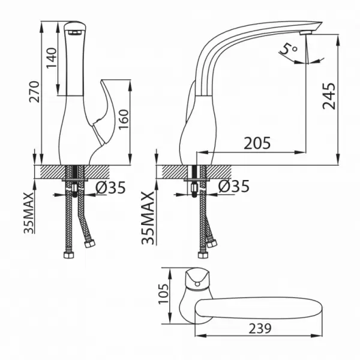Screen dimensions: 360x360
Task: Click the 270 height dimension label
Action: [34, 92]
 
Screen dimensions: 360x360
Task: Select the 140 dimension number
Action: [52, 58]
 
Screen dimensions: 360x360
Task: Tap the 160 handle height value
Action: [124, 119]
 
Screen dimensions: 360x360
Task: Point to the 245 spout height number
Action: [329, 96]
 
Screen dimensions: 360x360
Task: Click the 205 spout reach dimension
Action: [257, 143]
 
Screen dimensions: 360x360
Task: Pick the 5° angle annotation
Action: [289, 49]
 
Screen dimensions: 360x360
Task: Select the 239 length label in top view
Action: [260, 329]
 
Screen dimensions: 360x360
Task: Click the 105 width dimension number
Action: [163, 294]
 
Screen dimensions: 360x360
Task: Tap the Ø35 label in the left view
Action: [110, 187]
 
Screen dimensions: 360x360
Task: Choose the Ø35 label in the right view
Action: [234, 186]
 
